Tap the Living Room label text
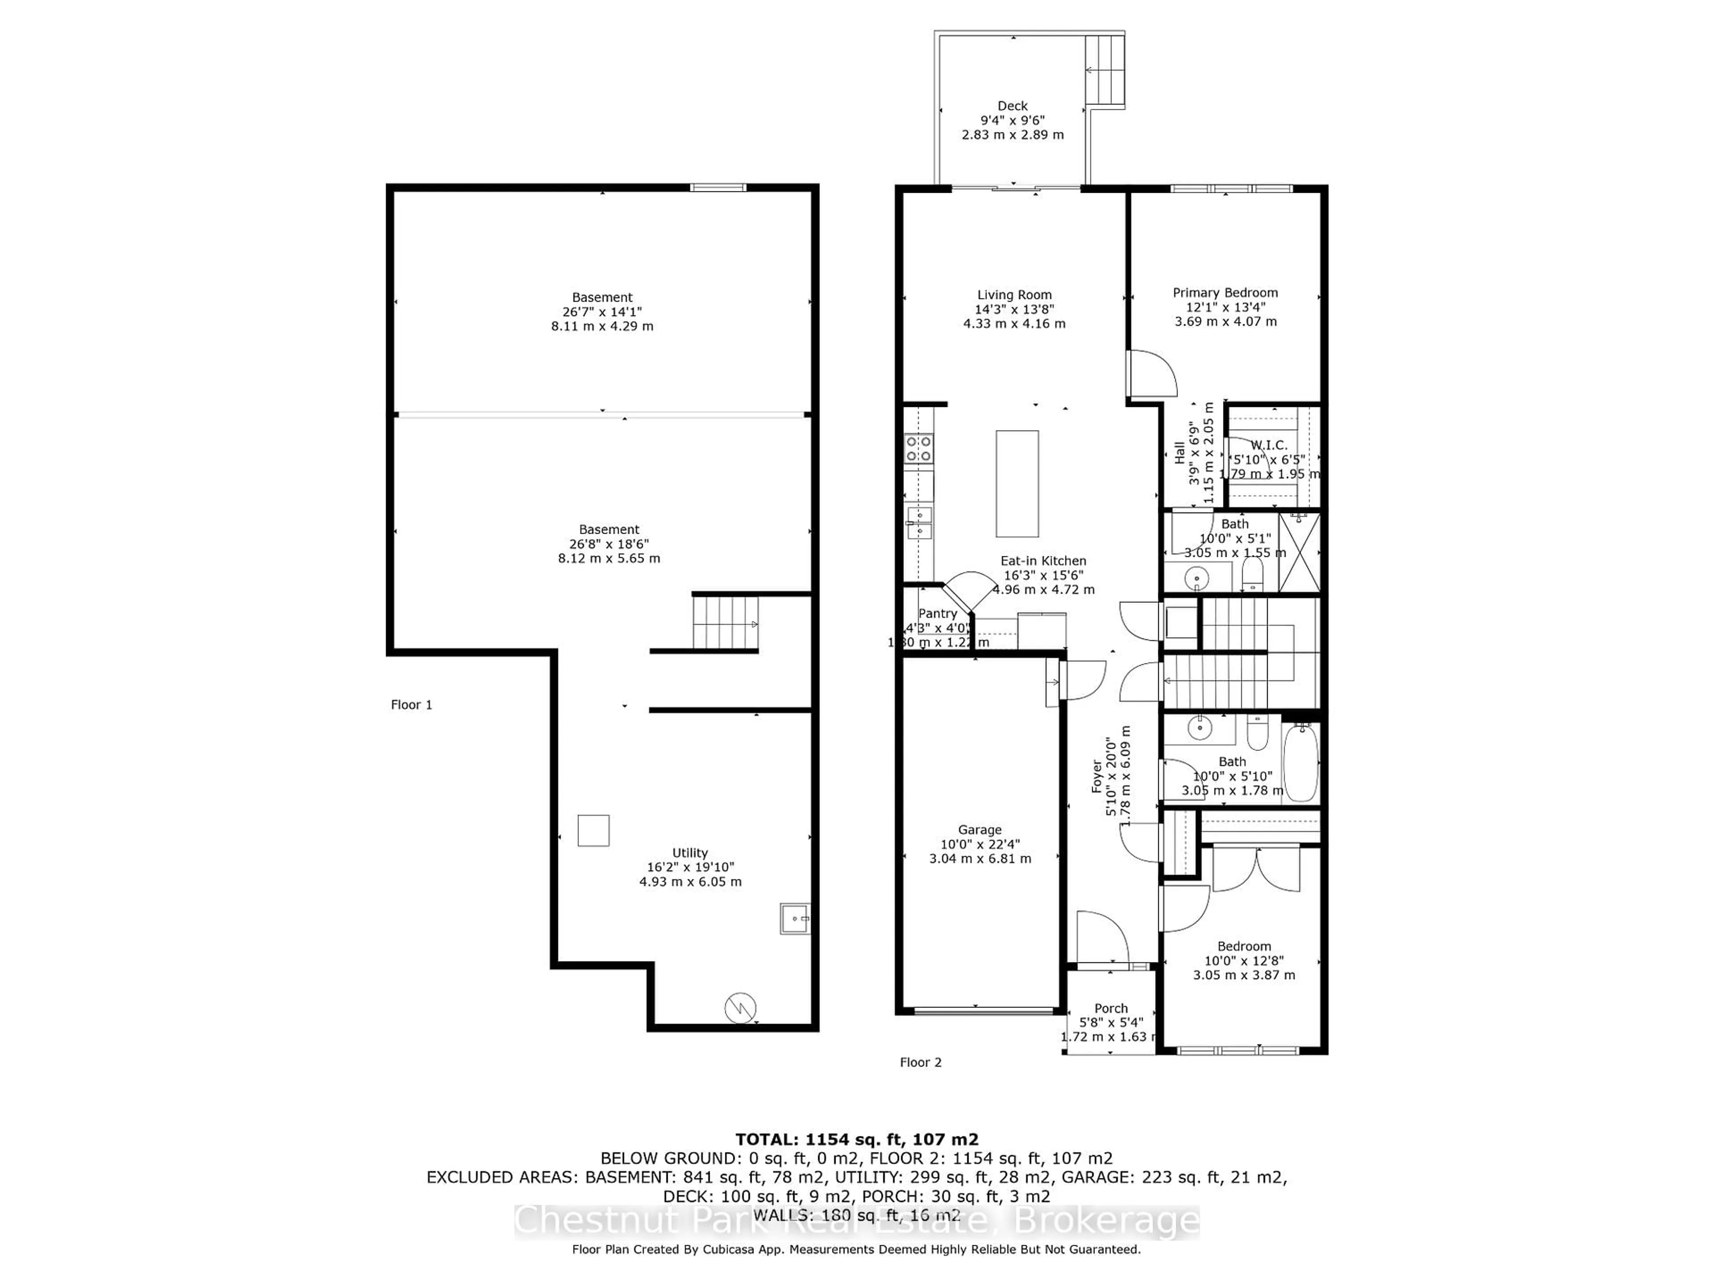1014,295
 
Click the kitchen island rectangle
1017,484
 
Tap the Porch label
1111,1008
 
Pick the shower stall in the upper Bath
1299,552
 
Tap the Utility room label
690,853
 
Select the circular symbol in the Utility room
740,1008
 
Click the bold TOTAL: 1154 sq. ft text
856,1140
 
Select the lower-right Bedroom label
1244,946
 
